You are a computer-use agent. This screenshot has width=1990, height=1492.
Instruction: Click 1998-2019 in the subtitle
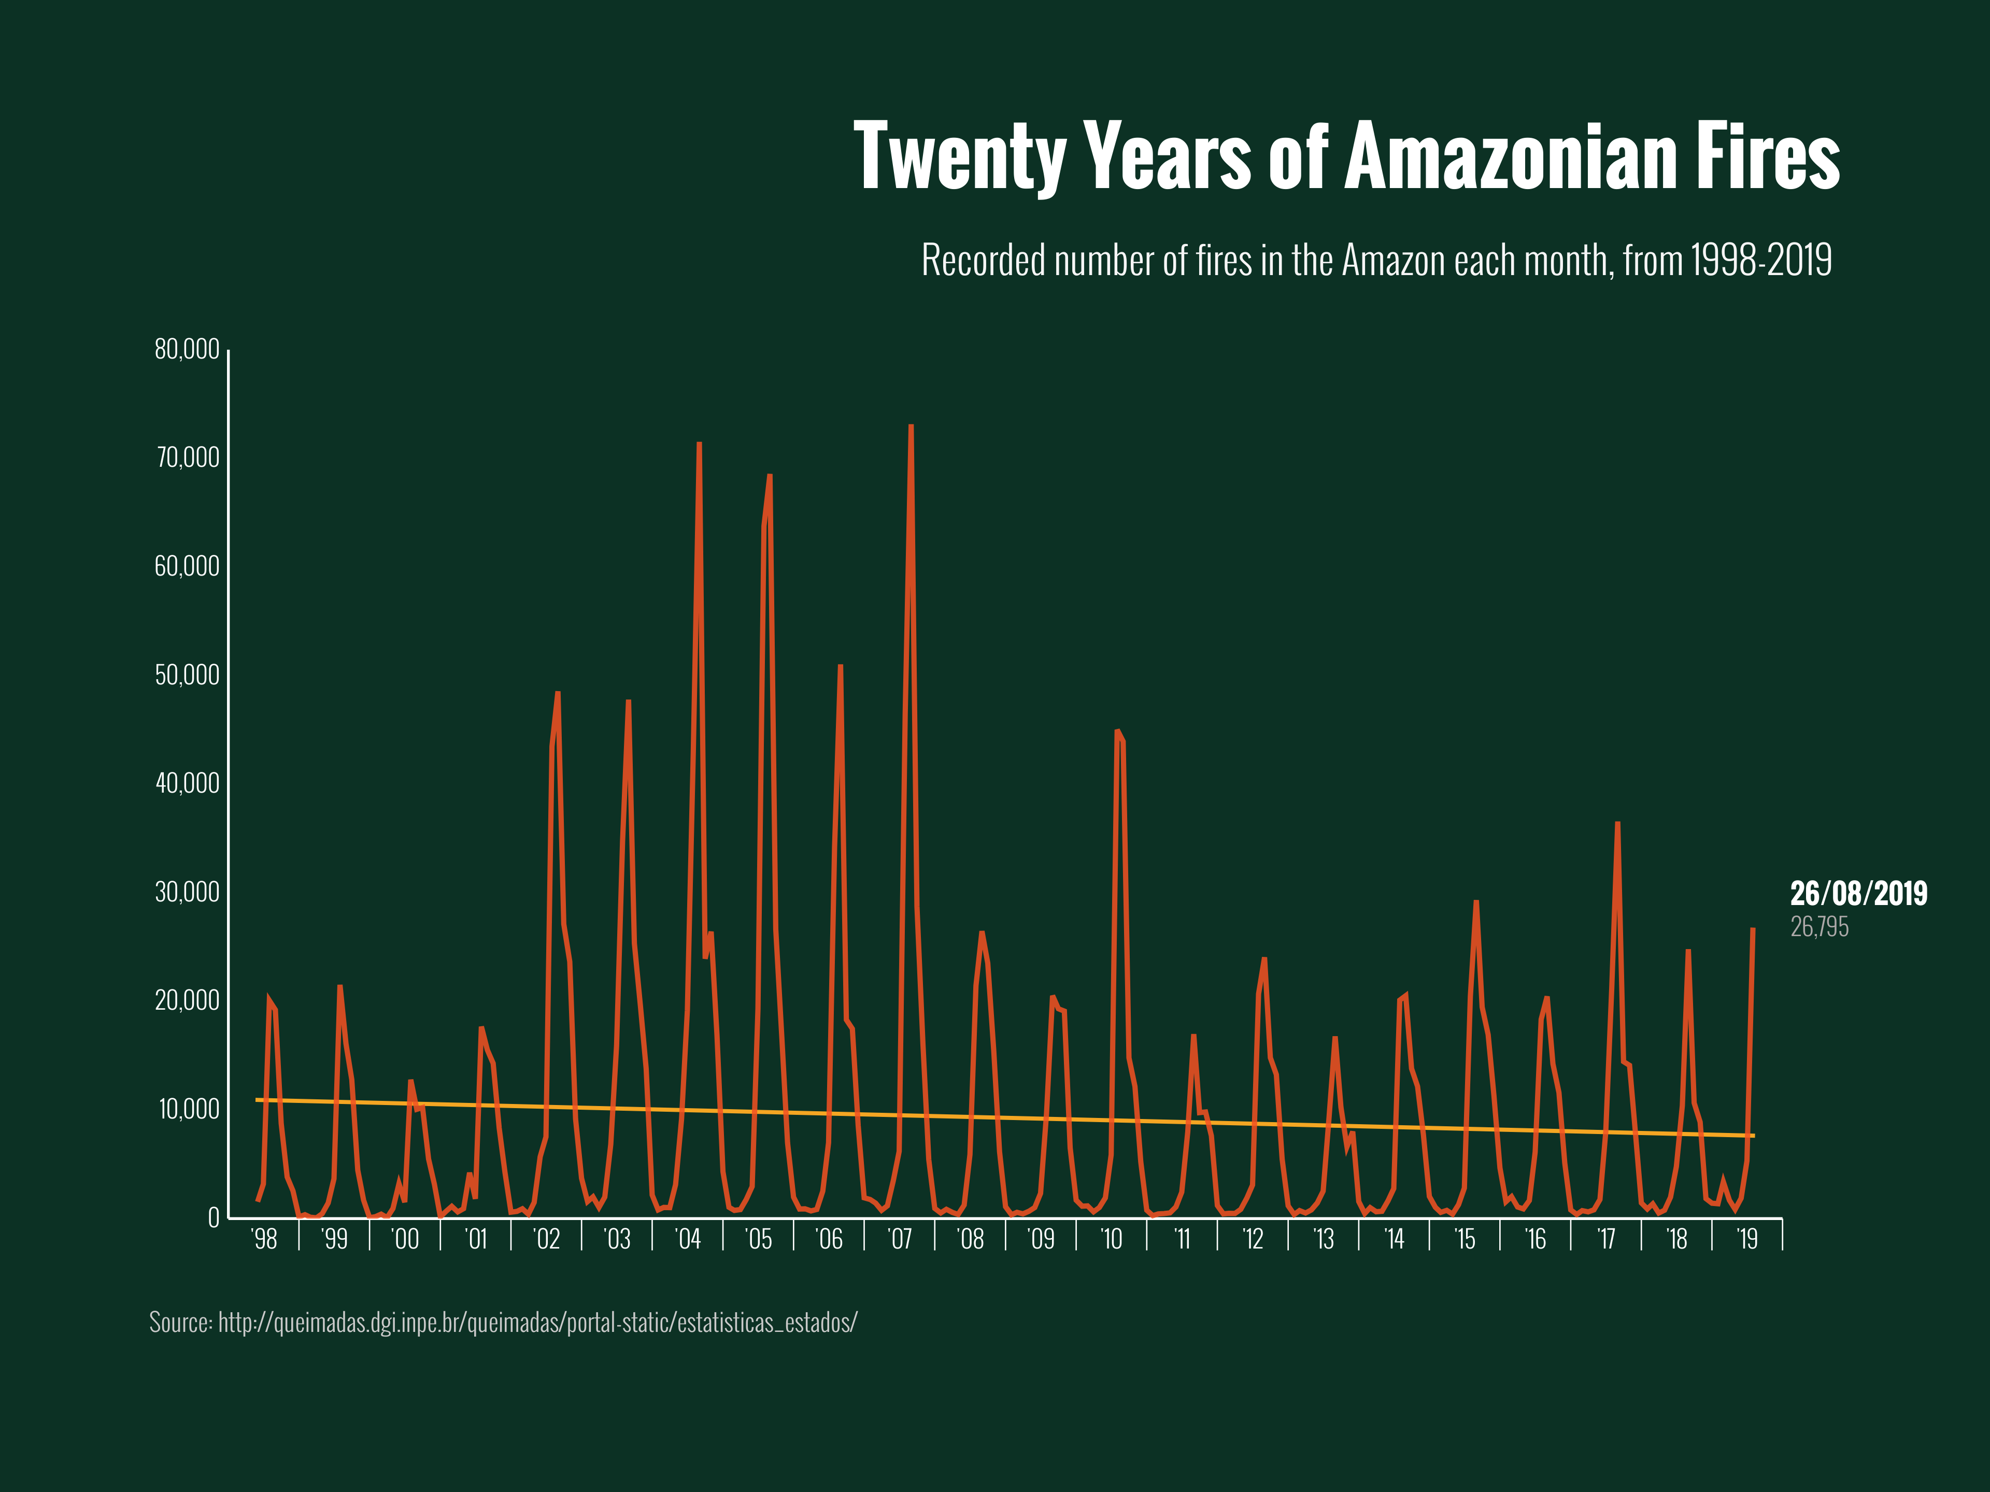[x=1760, y=261]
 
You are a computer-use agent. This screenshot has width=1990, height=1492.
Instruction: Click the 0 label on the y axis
[x=213, y=1218]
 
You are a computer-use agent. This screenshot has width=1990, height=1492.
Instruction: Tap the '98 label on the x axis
[x=264, y=1239]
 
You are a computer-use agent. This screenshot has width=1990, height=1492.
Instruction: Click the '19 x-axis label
[x=1747, y=1239]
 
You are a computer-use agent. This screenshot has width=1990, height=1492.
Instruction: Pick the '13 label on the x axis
[x=1324, y=1239]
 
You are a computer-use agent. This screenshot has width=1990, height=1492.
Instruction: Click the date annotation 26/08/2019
[x=1859, y=893]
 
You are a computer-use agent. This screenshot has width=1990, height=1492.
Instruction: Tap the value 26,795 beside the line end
[x=1819, y=927]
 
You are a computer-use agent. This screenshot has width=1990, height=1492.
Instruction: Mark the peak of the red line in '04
[x=699, y=443]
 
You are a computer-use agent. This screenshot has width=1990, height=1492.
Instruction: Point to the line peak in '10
[x=1116, y=730]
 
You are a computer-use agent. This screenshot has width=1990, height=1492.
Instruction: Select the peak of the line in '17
[x=1617, y=823]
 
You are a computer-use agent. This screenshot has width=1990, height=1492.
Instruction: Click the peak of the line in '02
[x=558, y=693]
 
